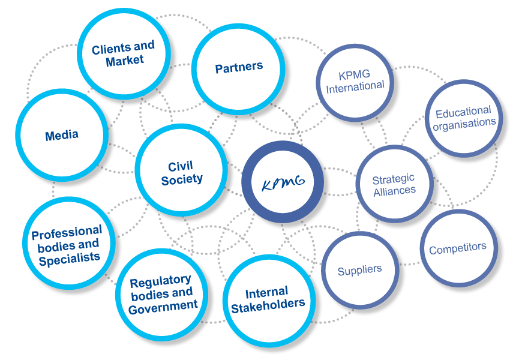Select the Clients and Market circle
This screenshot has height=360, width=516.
(x=123, y=53)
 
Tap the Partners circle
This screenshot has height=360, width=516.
(x=239, y=68)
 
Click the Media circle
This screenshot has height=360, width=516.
(x=62, y=136)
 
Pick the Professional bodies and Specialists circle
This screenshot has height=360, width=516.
(x=67, y=245)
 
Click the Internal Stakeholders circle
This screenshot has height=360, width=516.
(x=268, y=299)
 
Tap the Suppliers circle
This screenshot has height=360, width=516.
(x=359, y=270)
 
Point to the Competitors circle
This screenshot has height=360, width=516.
(x=457, y=247)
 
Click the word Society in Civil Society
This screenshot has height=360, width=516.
(x=182, y=179)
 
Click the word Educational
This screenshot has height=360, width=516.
(x=463, y=112)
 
